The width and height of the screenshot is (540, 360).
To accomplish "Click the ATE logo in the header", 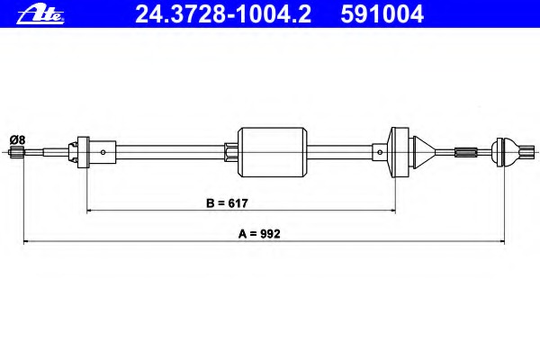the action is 40,15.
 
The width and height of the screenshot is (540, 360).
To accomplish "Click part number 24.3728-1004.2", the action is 223,14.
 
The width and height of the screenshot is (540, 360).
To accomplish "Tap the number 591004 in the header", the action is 382,14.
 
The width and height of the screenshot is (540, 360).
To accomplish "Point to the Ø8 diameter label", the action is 18,140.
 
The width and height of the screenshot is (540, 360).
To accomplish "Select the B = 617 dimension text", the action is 227,203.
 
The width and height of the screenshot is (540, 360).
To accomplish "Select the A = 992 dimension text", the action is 259,234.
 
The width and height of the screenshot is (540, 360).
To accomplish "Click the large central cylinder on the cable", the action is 273,152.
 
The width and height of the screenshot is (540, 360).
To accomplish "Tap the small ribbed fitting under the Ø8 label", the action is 16,151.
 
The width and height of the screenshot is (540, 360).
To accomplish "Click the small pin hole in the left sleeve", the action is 103,152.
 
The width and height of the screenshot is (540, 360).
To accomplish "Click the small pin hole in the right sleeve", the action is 380,152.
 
